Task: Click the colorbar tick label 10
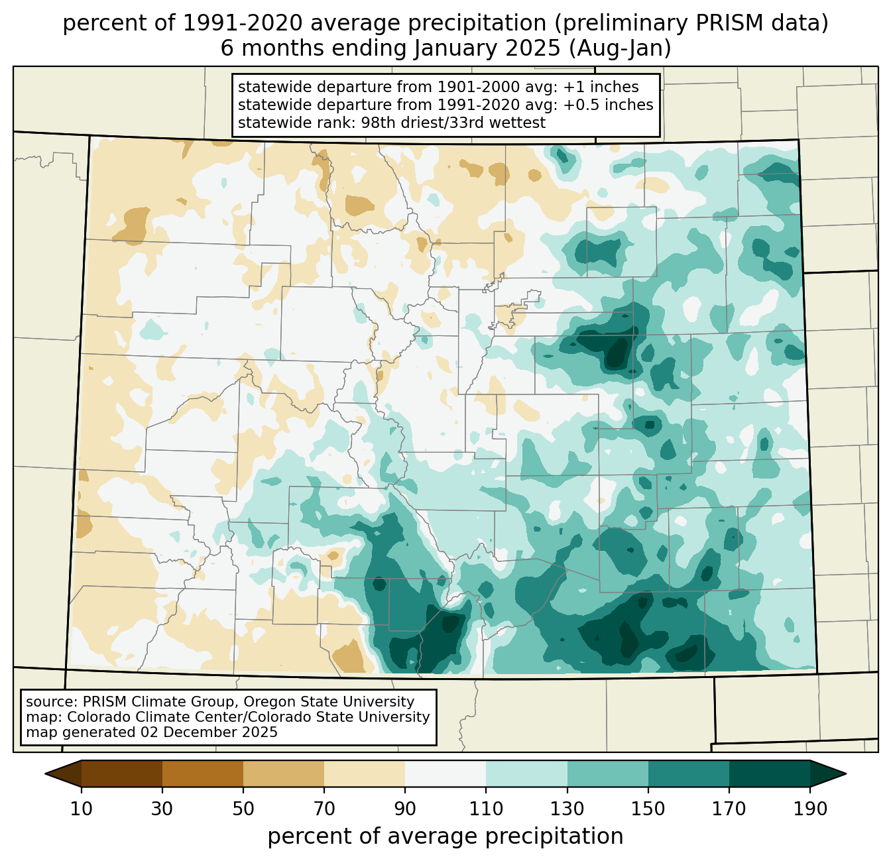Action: click(x=82, y=809)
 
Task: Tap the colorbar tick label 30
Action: click(x=162, y=809)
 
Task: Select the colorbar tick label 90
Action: click(x=405, y=809)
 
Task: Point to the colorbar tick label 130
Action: click(x=567, y=809)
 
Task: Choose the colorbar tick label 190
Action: click(x=810, y=809)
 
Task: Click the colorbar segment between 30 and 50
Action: click(x=202, y=774)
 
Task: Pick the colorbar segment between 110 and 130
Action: click(x=526, y=774)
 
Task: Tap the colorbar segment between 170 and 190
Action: click(x=769, y=774)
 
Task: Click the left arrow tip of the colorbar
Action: click(x=45, y=774)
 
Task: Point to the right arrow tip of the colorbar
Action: click(x=846, y=774)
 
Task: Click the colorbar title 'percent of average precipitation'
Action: click(x=445, y=836)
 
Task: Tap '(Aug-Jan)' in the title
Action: click(x=620, y=48)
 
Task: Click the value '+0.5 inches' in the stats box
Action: click(x=608, y=105)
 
